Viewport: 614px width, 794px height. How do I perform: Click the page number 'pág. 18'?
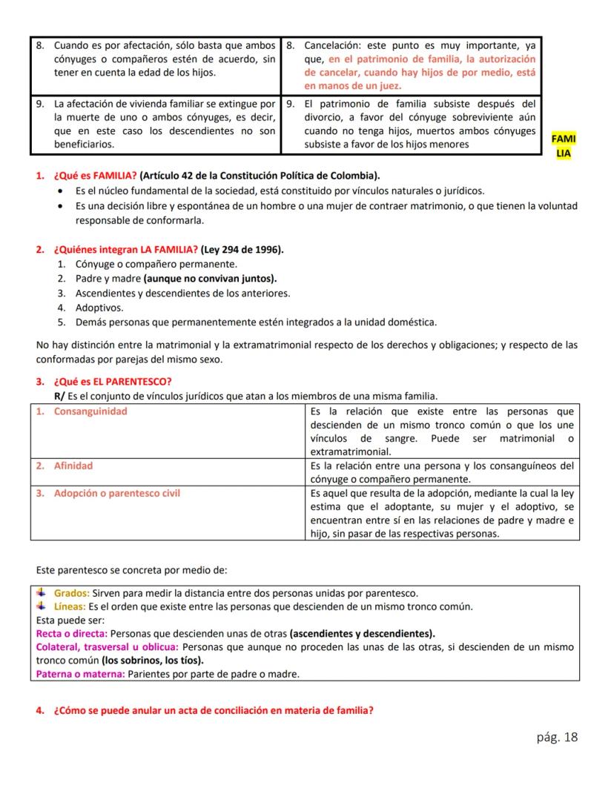click(556, 737)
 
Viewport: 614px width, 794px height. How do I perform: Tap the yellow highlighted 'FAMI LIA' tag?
click(564, 146)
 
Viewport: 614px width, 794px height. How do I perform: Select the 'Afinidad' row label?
click(73, 466)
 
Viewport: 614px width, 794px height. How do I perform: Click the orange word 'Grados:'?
click(72, 593)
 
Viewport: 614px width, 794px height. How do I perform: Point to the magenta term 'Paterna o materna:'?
click(81, 674)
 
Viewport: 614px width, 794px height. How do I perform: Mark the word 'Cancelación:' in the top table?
click(334, 45)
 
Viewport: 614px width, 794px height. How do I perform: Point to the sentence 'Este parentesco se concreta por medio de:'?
click(131, 570)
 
